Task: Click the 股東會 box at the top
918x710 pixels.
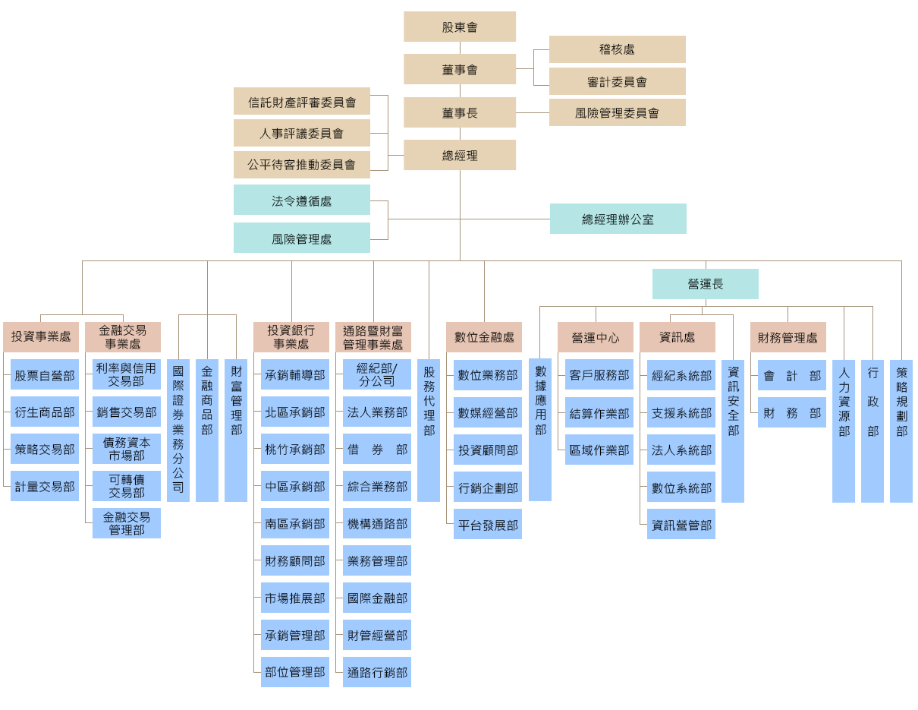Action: click(x=460, y=27)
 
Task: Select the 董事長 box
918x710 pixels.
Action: click(x=460, y=112)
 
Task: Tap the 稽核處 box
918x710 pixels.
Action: click(x=617, y=49)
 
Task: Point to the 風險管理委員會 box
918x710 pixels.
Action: click(x=617, y=112)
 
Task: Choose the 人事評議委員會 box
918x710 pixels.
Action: click(x=301, y=133)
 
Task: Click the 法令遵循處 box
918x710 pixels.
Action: click(x=301, y=200)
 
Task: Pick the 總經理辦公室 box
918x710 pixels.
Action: click(x=618, y=219)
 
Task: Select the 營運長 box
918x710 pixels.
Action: click(x=705, y=283)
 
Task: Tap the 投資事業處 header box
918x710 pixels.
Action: click(x=41, y=336)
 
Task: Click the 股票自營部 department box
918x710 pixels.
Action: click(x=45, y=375)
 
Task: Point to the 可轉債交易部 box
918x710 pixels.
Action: click(x=127, y=486)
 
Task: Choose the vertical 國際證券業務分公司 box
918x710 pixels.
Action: click(x=178, y=430)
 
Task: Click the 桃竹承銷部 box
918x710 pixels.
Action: click(x=295, y=450)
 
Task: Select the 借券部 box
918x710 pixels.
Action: click(x=377, y=450)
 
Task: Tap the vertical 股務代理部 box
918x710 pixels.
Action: click(x=429, y=430)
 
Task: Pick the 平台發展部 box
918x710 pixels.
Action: click(x=488, y=524)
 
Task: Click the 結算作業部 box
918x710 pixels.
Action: click(x=599, y=413)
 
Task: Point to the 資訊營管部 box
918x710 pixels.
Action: click(x=681, y=524)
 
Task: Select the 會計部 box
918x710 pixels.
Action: click(x=792, y=375)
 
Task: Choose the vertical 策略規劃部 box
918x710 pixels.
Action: click(x=901, y=430)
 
